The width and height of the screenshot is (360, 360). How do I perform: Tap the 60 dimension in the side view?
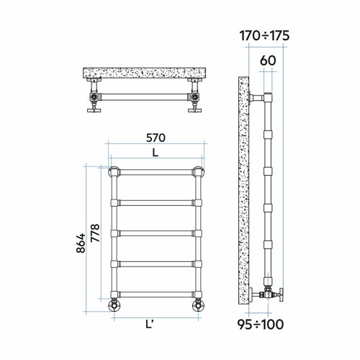pos(267,61)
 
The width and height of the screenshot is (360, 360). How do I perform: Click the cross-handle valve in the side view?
pos(275,293)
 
